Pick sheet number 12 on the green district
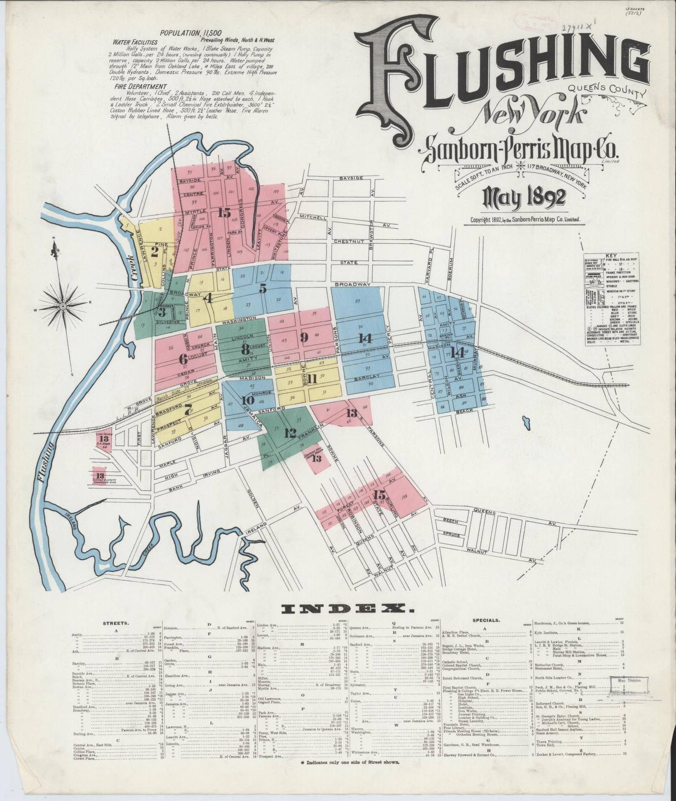click(290, 433)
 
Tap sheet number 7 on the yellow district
click(188, 410)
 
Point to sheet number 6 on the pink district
click(182, 359)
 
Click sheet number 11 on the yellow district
click(312, 379)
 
